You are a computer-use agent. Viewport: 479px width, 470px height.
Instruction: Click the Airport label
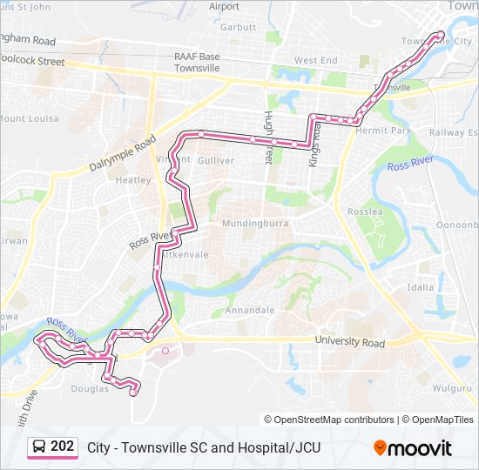pyautogui.click(x=225, y=7)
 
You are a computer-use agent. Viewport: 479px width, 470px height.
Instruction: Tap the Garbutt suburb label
pyautogui.click(x=238, y=27)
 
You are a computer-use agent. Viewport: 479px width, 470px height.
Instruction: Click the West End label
pyautogui.click(x=314, y=60)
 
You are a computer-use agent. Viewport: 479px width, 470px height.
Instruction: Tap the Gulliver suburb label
pyautogui.click(x=216, y=161)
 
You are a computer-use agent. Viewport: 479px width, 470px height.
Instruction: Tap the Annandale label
pyautogui.click(x=250, y=310)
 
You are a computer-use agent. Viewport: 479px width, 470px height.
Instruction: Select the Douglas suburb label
pyautogui.click(x=90, y=389)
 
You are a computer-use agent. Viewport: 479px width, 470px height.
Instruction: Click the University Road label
pyautogui.click(x=349, y=343)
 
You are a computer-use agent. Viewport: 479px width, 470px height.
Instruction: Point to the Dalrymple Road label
pyautogui.click(x=122, y=154)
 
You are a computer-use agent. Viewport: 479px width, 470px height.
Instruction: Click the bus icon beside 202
pyautogui.click(x=39, y=447)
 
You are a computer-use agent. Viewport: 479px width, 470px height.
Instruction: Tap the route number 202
pyautogui.click(x=63, y=446)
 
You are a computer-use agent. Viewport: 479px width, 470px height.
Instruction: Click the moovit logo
pyautogui.click(x=413, y=448)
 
